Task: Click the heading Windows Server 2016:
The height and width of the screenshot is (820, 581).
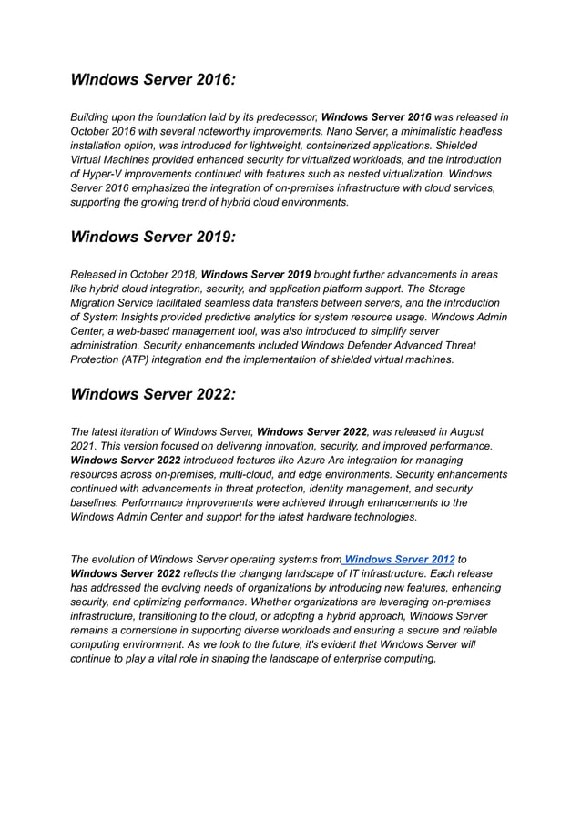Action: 153,80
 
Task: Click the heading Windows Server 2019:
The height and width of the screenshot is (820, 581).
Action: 153,237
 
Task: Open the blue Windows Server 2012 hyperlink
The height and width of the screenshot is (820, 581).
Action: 400,559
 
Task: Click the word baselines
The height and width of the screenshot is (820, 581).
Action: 97,502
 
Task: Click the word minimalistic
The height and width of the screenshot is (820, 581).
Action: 429,131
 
